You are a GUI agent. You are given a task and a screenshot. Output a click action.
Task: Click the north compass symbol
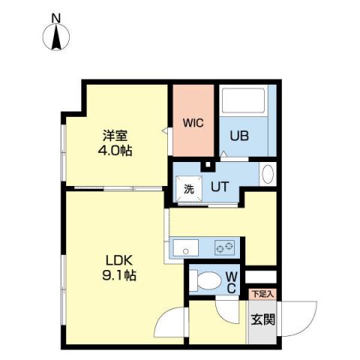(x=56, y=37)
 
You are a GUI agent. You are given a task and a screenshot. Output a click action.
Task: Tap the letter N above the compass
(x=56, y=16)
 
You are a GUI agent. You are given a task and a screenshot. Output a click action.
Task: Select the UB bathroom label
(x=238, y=137)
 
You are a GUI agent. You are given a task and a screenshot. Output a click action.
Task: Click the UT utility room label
(x=219, y=187)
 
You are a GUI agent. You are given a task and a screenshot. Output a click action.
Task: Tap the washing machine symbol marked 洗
(x=189, y=188)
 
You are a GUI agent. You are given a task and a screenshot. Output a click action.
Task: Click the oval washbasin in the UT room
(x=268, y=175)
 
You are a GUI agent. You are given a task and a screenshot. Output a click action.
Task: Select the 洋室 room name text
(x=115, y=136)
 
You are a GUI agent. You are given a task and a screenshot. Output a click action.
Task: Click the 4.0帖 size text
(x=116, y=151)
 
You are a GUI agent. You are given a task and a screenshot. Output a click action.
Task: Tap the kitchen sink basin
(x=184, y=245)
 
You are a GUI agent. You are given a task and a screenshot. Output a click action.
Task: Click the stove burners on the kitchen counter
(x=226, y=245)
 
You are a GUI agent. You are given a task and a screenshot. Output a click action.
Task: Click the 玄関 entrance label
(x=262, y=319)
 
